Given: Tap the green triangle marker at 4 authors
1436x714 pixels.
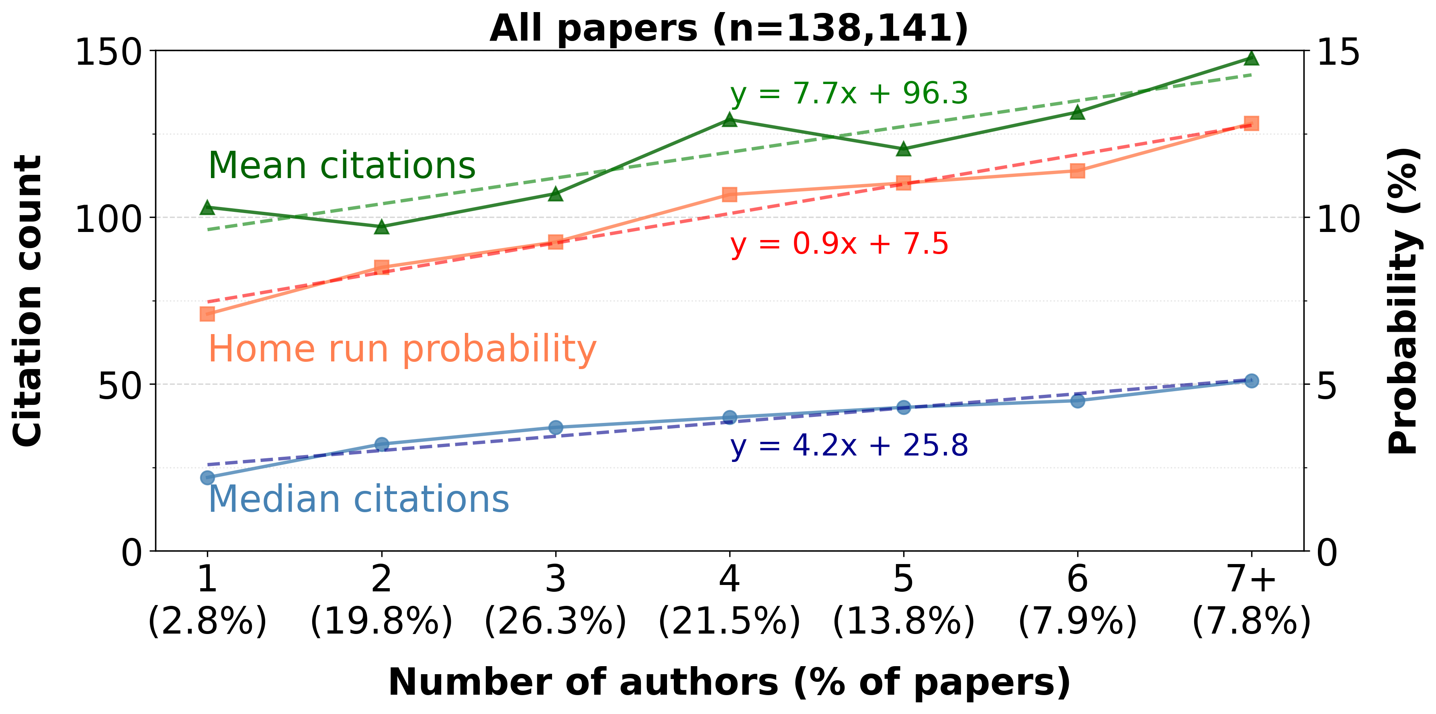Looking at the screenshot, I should [730, 119].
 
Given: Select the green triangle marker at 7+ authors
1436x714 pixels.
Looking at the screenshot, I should [1252, 58].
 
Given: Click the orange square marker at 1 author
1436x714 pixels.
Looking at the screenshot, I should [207, 314].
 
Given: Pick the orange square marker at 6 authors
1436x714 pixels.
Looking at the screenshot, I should [1078, 171].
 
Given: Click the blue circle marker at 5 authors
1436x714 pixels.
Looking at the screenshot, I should [904, 407].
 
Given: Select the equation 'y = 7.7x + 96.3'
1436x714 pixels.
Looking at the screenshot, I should [849, 94].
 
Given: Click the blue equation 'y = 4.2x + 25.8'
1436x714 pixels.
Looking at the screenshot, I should [849, 446].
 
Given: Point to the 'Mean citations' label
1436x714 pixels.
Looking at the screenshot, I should [342, 166].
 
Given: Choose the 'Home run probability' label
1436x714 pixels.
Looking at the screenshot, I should [402, 349].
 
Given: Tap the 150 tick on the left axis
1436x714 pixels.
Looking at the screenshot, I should [108, 53].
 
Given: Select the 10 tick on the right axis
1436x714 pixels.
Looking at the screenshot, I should [1338, 219].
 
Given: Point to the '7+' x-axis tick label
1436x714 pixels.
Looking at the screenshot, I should [1252, 579].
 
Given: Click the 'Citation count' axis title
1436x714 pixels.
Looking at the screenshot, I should [28, 301].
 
